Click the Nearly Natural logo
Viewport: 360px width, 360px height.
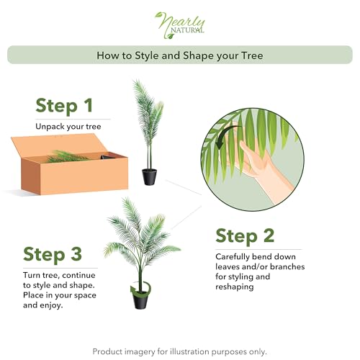tap(180, 23)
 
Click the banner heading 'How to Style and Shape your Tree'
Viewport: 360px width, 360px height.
tap(180, 55)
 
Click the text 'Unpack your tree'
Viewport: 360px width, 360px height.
tap(68, 127)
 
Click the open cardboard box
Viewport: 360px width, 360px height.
tap(68, 169)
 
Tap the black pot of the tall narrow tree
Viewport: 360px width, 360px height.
tap(149, 176)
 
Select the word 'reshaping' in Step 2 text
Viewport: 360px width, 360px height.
tap(235, 286)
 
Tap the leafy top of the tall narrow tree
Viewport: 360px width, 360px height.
tap(148, 115)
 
